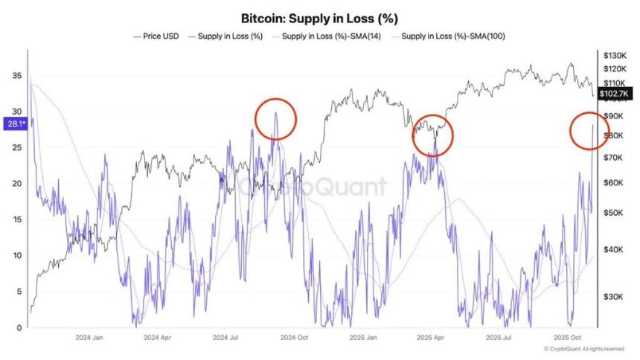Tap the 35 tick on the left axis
pos(16,76)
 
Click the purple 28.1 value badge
pos(14,124)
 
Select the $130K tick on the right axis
pos(614,56)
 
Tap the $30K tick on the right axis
pos(612,297)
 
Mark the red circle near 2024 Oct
pos(275,118)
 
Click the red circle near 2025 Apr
pos(432,135)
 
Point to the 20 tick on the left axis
pos(16,184)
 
